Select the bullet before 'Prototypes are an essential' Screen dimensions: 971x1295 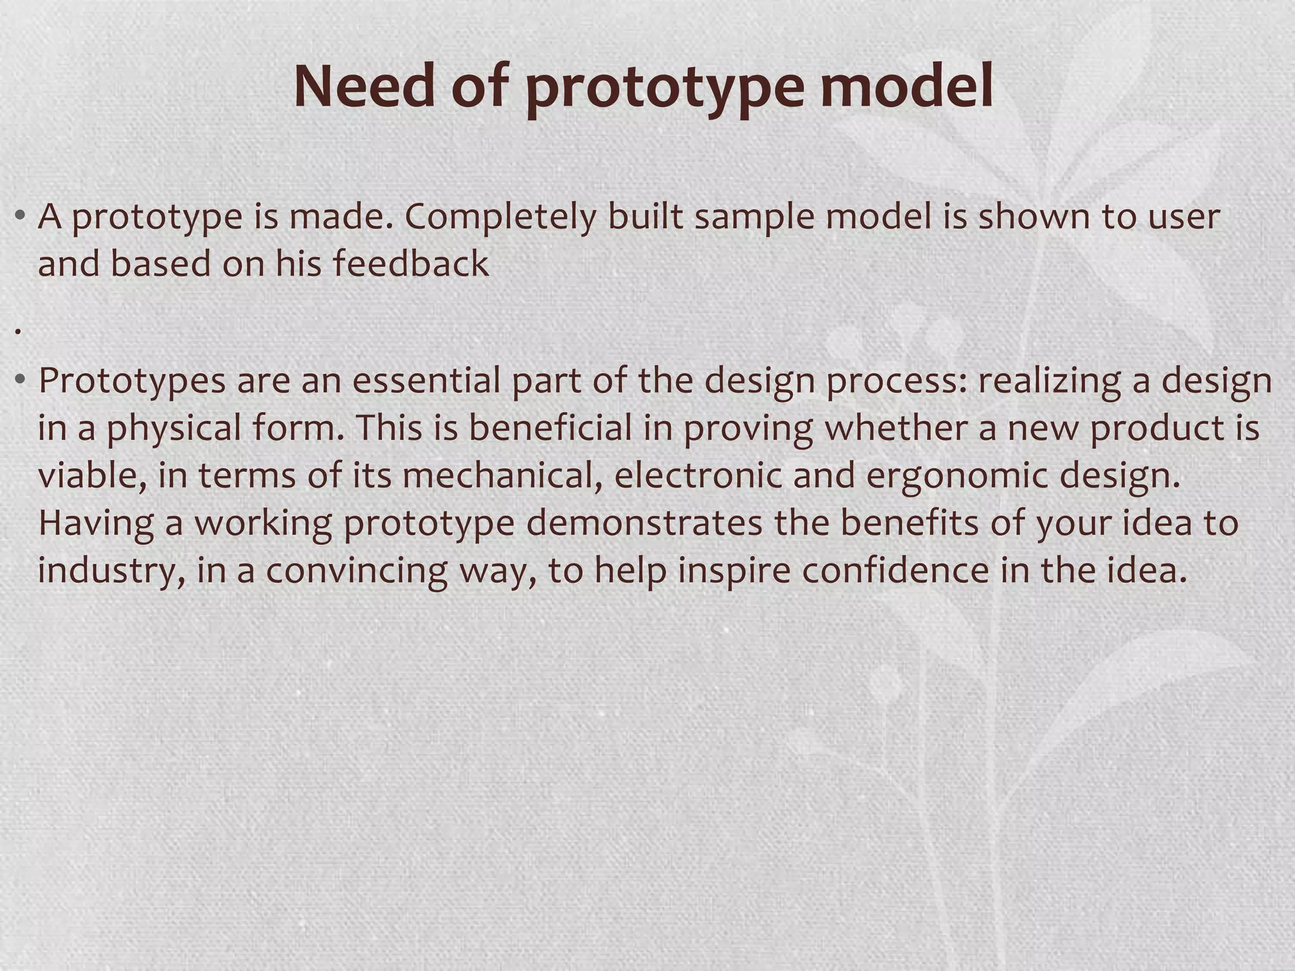pos(21,381)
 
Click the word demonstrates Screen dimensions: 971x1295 pos(644,523)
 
